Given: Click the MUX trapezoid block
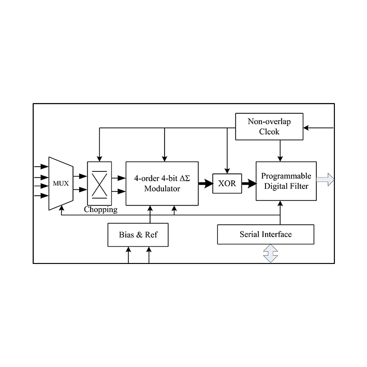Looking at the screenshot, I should [60, 183].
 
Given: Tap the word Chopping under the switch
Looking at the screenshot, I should [100, 210].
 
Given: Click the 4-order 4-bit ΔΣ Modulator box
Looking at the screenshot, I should [162, 183].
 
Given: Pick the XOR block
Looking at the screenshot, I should [227, 183].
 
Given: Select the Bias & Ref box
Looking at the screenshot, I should [138, 234].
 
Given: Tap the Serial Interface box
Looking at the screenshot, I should [266, 234].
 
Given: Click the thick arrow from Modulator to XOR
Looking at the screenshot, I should [205, 183].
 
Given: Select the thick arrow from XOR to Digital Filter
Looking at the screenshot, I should [249, 183].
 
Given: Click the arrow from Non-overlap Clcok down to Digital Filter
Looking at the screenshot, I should [280, 151].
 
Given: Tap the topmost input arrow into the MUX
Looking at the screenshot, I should [40, 167].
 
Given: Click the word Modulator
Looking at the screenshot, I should [162, 189].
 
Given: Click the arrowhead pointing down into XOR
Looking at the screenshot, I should [227, 171].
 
